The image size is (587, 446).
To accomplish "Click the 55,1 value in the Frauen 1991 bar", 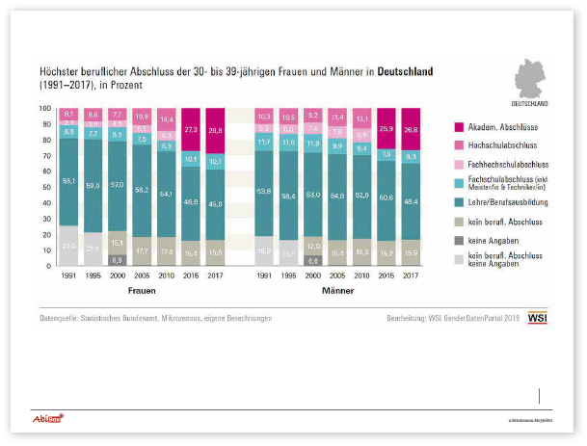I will coord(69,180).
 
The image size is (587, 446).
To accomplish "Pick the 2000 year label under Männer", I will coord(313,275).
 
